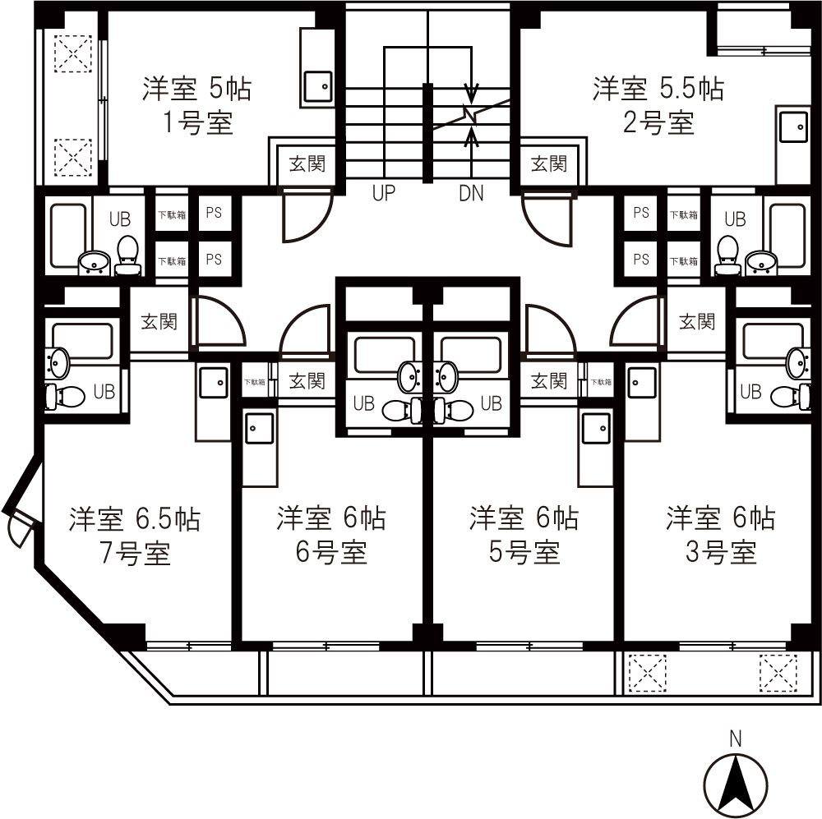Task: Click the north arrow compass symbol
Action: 736,786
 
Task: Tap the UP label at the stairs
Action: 383,194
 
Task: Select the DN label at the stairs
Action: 471,194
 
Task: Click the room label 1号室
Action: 197,123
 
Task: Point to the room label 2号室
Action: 658,123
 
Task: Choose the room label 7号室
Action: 136,554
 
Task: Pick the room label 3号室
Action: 721,552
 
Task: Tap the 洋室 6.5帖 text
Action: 135,518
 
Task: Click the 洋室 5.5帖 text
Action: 658,89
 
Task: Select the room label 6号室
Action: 331,552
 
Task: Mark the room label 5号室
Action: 524,552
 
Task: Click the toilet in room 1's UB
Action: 128,255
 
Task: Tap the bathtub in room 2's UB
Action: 787,234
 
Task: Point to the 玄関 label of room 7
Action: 159,321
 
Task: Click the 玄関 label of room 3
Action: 697,321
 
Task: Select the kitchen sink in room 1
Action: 318,86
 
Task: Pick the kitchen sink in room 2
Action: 793,127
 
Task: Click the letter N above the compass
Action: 736,738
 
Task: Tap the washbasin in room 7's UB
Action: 58,361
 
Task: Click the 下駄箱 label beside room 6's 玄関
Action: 255,382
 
